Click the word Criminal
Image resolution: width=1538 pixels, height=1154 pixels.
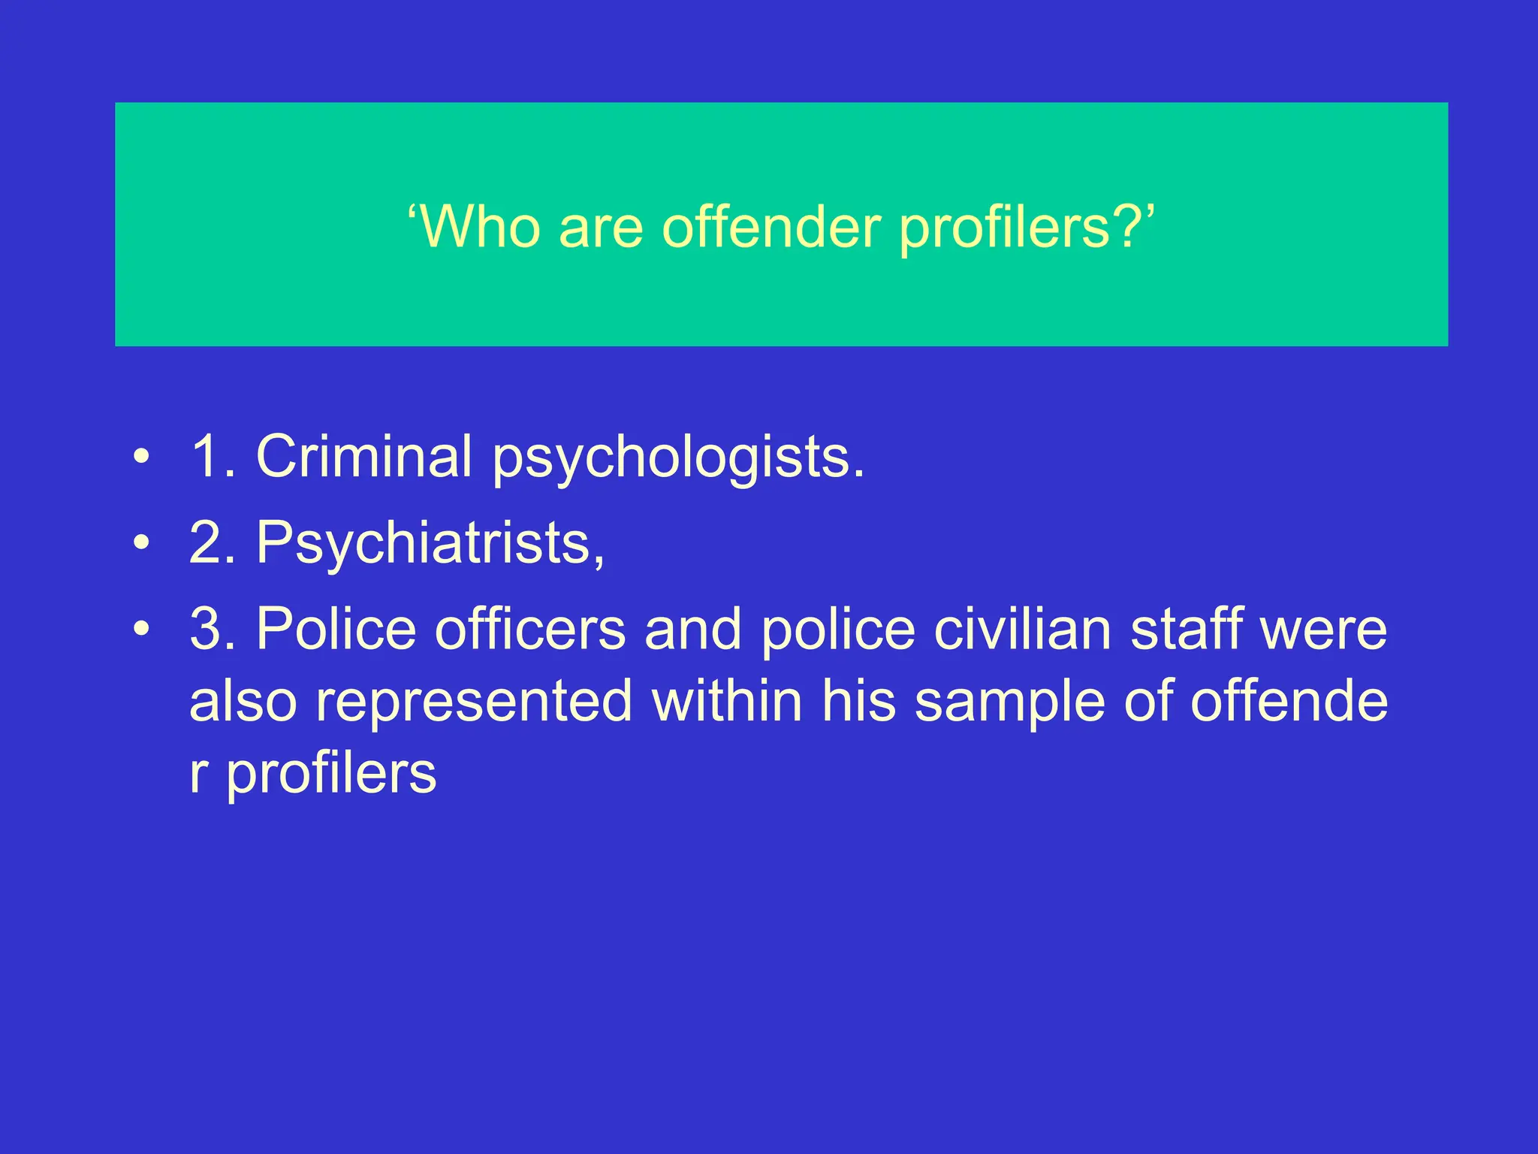pos(364,456)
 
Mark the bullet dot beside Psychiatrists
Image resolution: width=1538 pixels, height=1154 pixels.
pos(141,542)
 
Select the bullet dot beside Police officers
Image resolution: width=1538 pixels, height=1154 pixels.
pos(141,629)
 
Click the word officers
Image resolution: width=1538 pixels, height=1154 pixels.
pos(529,629)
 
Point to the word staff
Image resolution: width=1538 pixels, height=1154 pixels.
pos(1186,629)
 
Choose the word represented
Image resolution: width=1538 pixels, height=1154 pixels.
pos(473,701)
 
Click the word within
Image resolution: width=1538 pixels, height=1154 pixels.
pos(727,701)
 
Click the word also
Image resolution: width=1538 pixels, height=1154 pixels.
pos(243,701)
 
